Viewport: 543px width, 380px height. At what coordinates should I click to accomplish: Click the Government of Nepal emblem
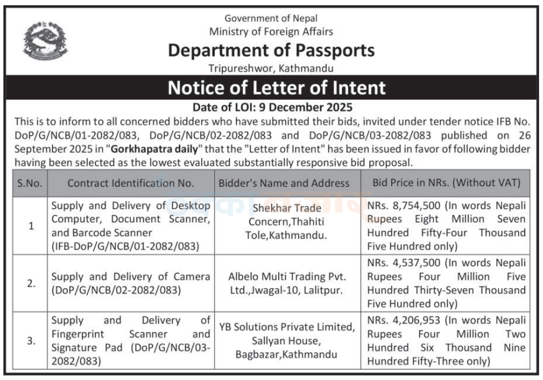click(x=46, y=40)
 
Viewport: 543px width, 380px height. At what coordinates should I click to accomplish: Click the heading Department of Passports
click(x=271, y=50)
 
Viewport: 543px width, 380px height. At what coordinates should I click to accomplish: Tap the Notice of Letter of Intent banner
click(x=276, y=87)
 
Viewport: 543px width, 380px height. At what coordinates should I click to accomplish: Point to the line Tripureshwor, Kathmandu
click(x=271, y=67)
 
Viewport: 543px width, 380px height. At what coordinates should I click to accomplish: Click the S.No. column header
click(x=29, y=183)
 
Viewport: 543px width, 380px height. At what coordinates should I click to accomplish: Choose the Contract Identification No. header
click(x=131, y=183)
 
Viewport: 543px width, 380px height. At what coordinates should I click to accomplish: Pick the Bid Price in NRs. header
click(x=446, y=183)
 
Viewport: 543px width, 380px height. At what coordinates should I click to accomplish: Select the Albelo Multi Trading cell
click(x=287, y=283)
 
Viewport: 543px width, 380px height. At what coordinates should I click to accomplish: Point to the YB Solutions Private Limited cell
click(x=287, y=340)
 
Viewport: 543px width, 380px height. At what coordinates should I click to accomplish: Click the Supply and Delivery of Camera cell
click(x=131, y=283)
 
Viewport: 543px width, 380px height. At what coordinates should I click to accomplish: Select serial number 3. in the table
click(x=31, y=341)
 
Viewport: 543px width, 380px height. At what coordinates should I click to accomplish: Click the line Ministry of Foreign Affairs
click(x=271, y=31)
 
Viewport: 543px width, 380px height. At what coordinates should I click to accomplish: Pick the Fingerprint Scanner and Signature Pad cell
click(x=131, y=341)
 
